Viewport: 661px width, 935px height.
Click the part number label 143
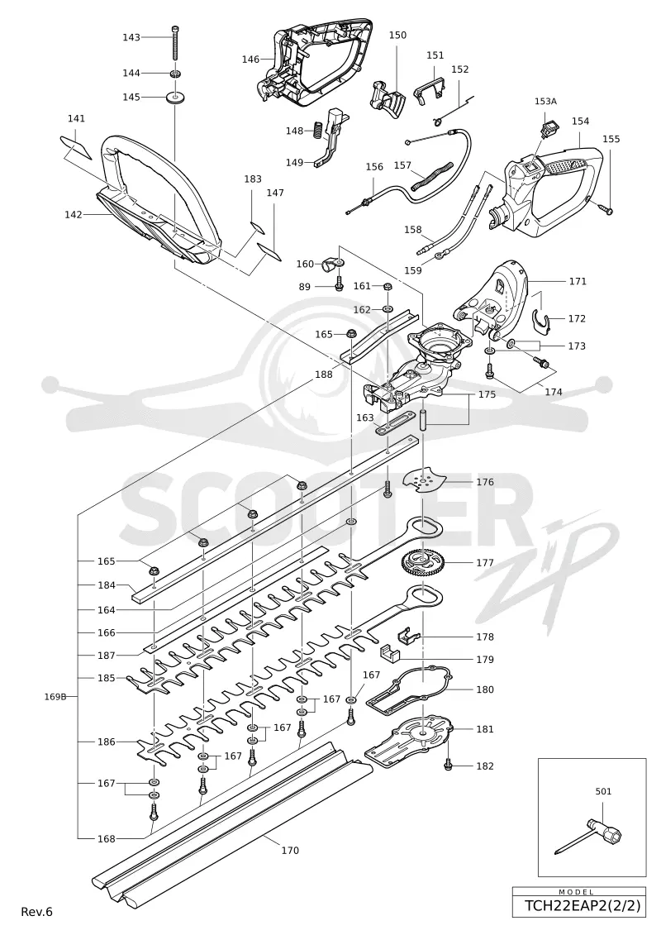[131, 37]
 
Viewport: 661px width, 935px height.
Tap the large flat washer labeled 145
[175, 97]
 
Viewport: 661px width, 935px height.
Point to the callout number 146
[250, 59]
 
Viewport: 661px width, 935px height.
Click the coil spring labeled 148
[317, 129]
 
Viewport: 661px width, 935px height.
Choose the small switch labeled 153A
[544, 127]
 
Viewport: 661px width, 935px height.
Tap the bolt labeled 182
[448, 764]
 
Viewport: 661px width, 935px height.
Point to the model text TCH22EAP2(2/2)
[583, 906]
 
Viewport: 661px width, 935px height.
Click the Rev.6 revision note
[37, 912]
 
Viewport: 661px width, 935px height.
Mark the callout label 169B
[55, 696]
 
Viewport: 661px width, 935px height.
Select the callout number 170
[290, 851]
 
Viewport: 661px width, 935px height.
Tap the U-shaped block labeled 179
[391, 653]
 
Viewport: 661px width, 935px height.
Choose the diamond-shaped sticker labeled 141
[76, 146]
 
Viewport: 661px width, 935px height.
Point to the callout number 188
[324, 374]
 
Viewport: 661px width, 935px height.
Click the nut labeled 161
[386, 286]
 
